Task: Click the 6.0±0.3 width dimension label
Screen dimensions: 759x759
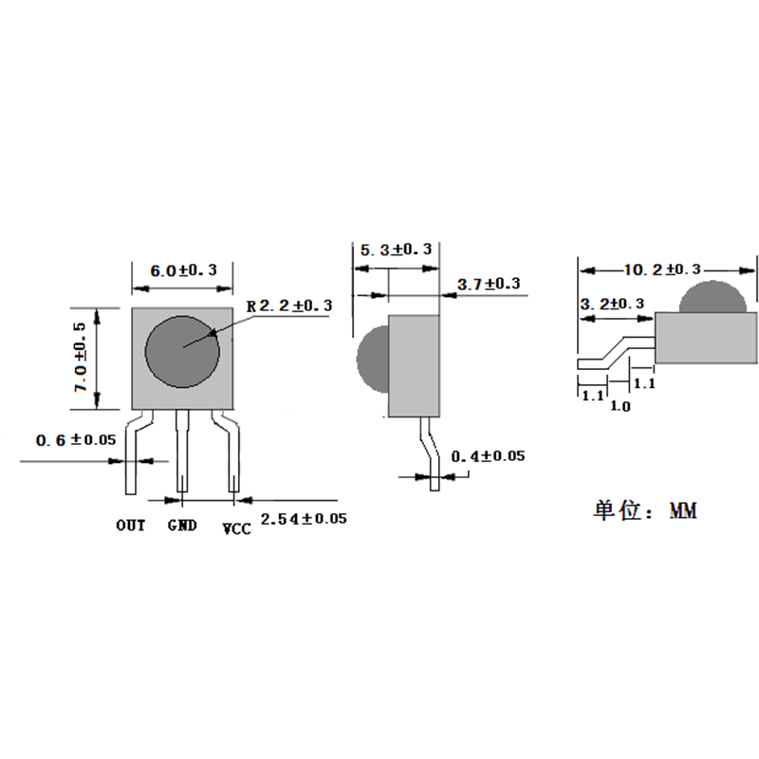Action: (x=183, y=270)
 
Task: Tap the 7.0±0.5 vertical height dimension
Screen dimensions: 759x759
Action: (x=81, y=358)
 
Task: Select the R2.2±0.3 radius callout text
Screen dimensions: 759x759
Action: (x=289, y=305)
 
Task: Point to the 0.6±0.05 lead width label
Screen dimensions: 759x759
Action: (x=76, y=440)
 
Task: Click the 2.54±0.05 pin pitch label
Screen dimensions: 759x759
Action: (x=304, y=519)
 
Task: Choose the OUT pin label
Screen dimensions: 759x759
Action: (x=131, y=526)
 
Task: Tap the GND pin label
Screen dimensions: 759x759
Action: (x=182, y=526)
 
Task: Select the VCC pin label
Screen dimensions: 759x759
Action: (x=236, y=528)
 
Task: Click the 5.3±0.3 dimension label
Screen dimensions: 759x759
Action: (x=396, y=250)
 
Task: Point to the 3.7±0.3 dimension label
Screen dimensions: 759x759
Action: (x=489, y=284)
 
